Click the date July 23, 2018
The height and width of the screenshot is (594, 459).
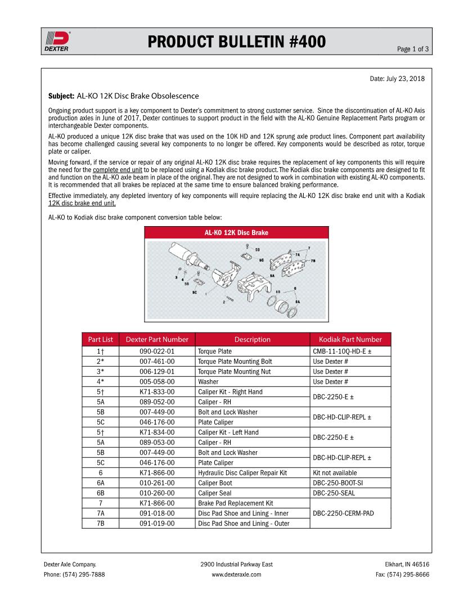[x=397, y=78]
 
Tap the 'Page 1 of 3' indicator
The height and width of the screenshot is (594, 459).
[x=412, y=49]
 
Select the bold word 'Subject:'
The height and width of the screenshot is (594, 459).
[x=61, y=96]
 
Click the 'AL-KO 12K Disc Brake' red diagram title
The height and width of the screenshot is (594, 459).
[x=236, y=232]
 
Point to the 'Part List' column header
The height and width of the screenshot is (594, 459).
[x=101, y=339]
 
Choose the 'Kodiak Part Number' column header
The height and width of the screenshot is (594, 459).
[x=350, y=339]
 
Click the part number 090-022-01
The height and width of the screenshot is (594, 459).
[x=157, y=352]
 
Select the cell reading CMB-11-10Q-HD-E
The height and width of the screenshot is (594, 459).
[x=342, y=352]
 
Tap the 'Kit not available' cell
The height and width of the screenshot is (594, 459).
[x=335, y=473]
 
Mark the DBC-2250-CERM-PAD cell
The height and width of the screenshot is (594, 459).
[x=343, y=513]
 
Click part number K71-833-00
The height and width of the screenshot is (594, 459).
[x=157, y=392]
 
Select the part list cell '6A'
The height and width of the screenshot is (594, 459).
[x=101, y=483]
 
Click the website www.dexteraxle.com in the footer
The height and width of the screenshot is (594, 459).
[x=236, y=575]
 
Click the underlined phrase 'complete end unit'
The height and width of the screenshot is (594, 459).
[x=118, y=169]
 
